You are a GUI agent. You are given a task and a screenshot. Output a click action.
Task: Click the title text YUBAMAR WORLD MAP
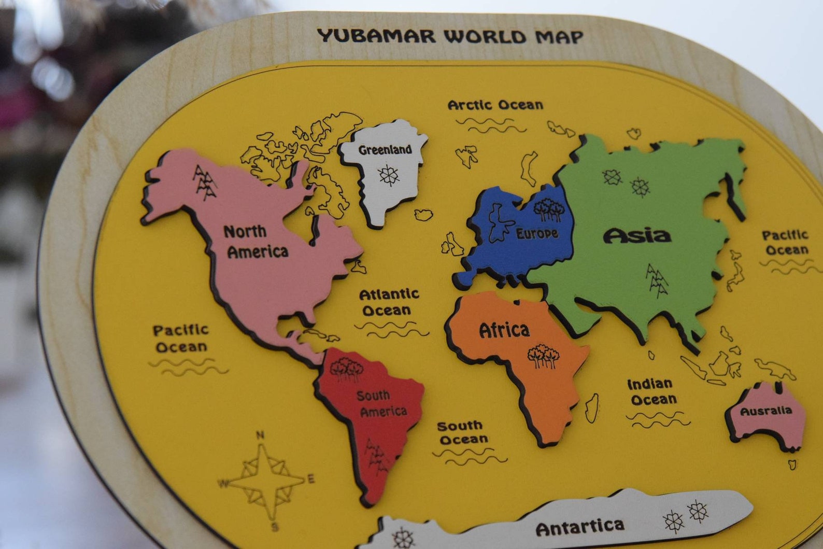[450, 36]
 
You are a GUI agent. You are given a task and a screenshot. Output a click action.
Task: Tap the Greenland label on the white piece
[385, 150]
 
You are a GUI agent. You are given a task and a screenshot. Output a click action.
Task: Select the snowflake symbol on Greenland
[388, 175]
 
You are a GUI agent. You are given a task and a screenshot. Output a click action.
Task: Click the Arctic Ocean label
[495, 105]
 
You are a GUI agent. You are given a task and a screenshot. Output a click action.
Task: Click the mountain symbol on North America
[205, 182]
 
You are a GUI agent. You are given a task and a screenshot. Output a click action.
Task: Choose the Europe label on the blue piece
[537, 234]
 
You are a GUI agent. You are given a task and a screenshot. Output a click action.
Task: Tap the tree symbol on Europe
[548, 208]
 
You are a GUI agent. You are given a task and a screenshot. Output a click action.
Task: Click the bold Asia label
[637, 236]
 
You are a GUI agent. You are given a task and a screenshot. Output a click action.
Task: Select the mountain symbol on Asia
[657, 280]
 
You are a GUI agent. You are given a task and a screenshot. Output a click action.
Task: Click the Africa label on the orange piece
[504, 330]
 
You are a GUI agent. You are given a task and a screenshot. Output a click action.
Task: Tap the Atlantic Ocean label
[389, 302]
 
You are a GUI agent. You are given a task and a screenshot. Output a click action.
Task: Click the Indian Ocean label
[651, 392]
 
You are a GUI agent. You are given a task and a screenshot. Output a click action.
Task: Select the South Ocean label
[462, 433]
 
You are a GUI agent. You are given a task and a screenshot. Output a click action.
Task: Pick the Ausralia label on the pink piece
[765, 411]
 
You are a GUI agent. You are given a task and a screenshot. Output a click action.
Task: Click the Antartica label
[579, 528]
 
